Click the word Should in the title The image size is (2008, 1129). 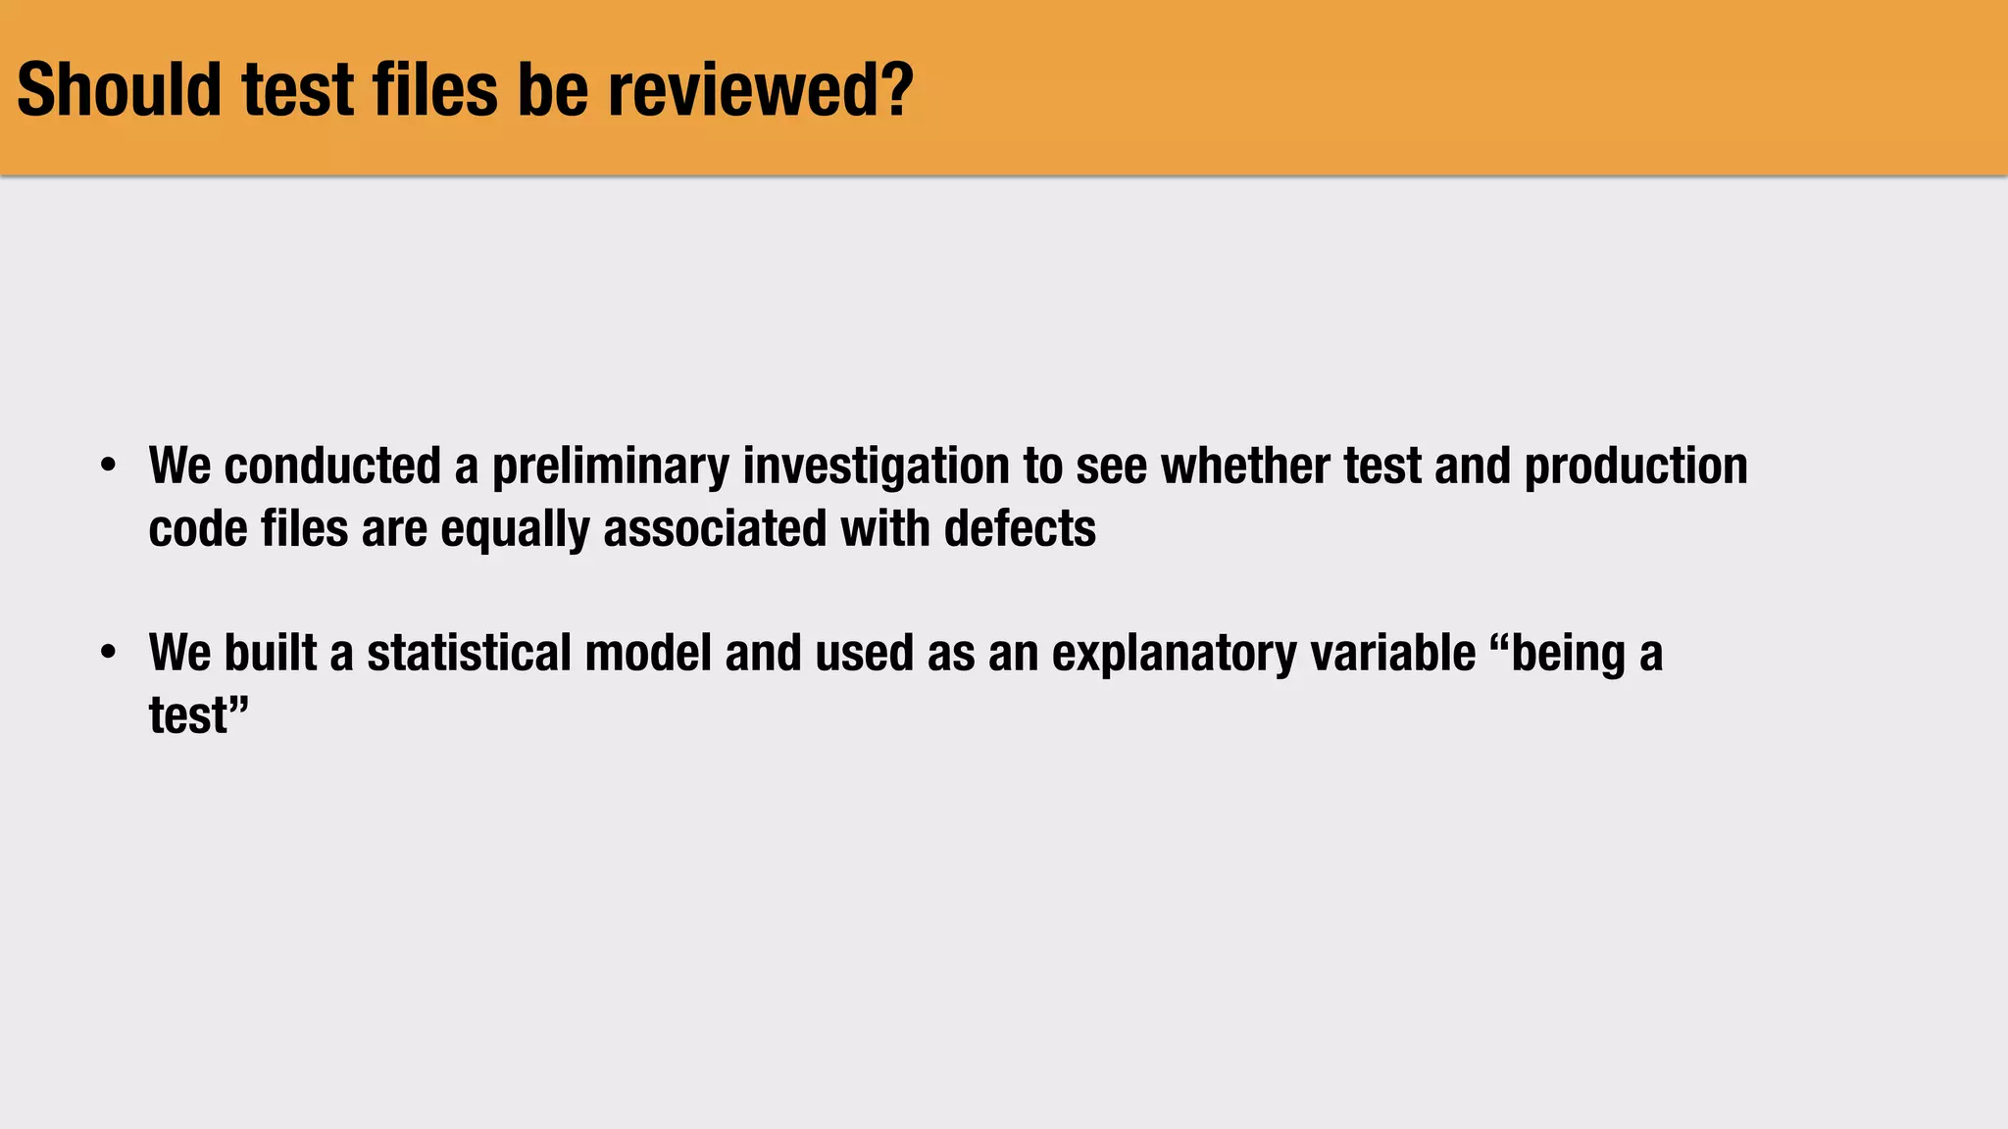tap(120, 90)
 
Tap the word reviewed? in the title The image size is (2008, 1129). tap(760, 90)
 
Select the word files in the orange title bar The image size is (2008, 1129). tap(435, 90)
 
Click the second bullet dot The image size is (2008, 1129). tap(109, 652)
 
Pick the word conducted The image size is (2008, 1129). tap(332, 466)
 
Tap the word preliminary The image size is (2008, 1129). tap(610, 467)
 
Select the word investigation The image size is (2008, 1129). tap(876, 467)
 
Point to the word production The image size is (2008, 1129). tap(1635, 467)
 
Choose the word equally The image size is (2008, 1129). tap(515, 530)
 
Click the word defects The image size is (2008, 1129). tap(1020, 528)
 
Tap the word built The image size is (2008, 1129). tap(271, 653)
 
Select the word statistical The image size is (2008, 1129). tap(469, 653)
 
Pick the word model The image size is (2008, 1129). tap(648, 653)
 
